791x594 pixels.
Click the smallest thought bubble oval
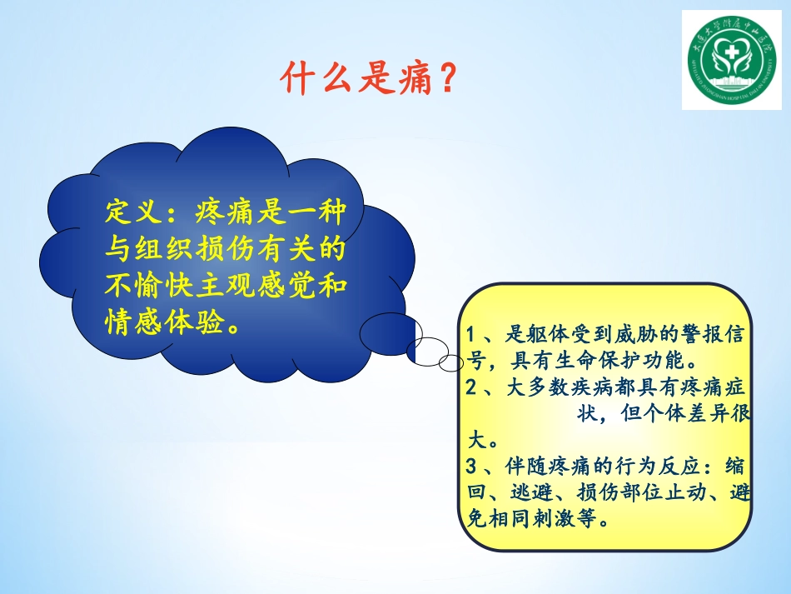tap(450, 363)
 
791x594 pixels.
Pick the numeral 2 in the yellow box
tap(472, 387)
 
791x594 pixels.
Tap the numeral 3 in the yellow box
tap(472, 465)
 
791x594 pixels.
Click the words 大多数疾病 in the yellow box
tap(555, 387)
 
